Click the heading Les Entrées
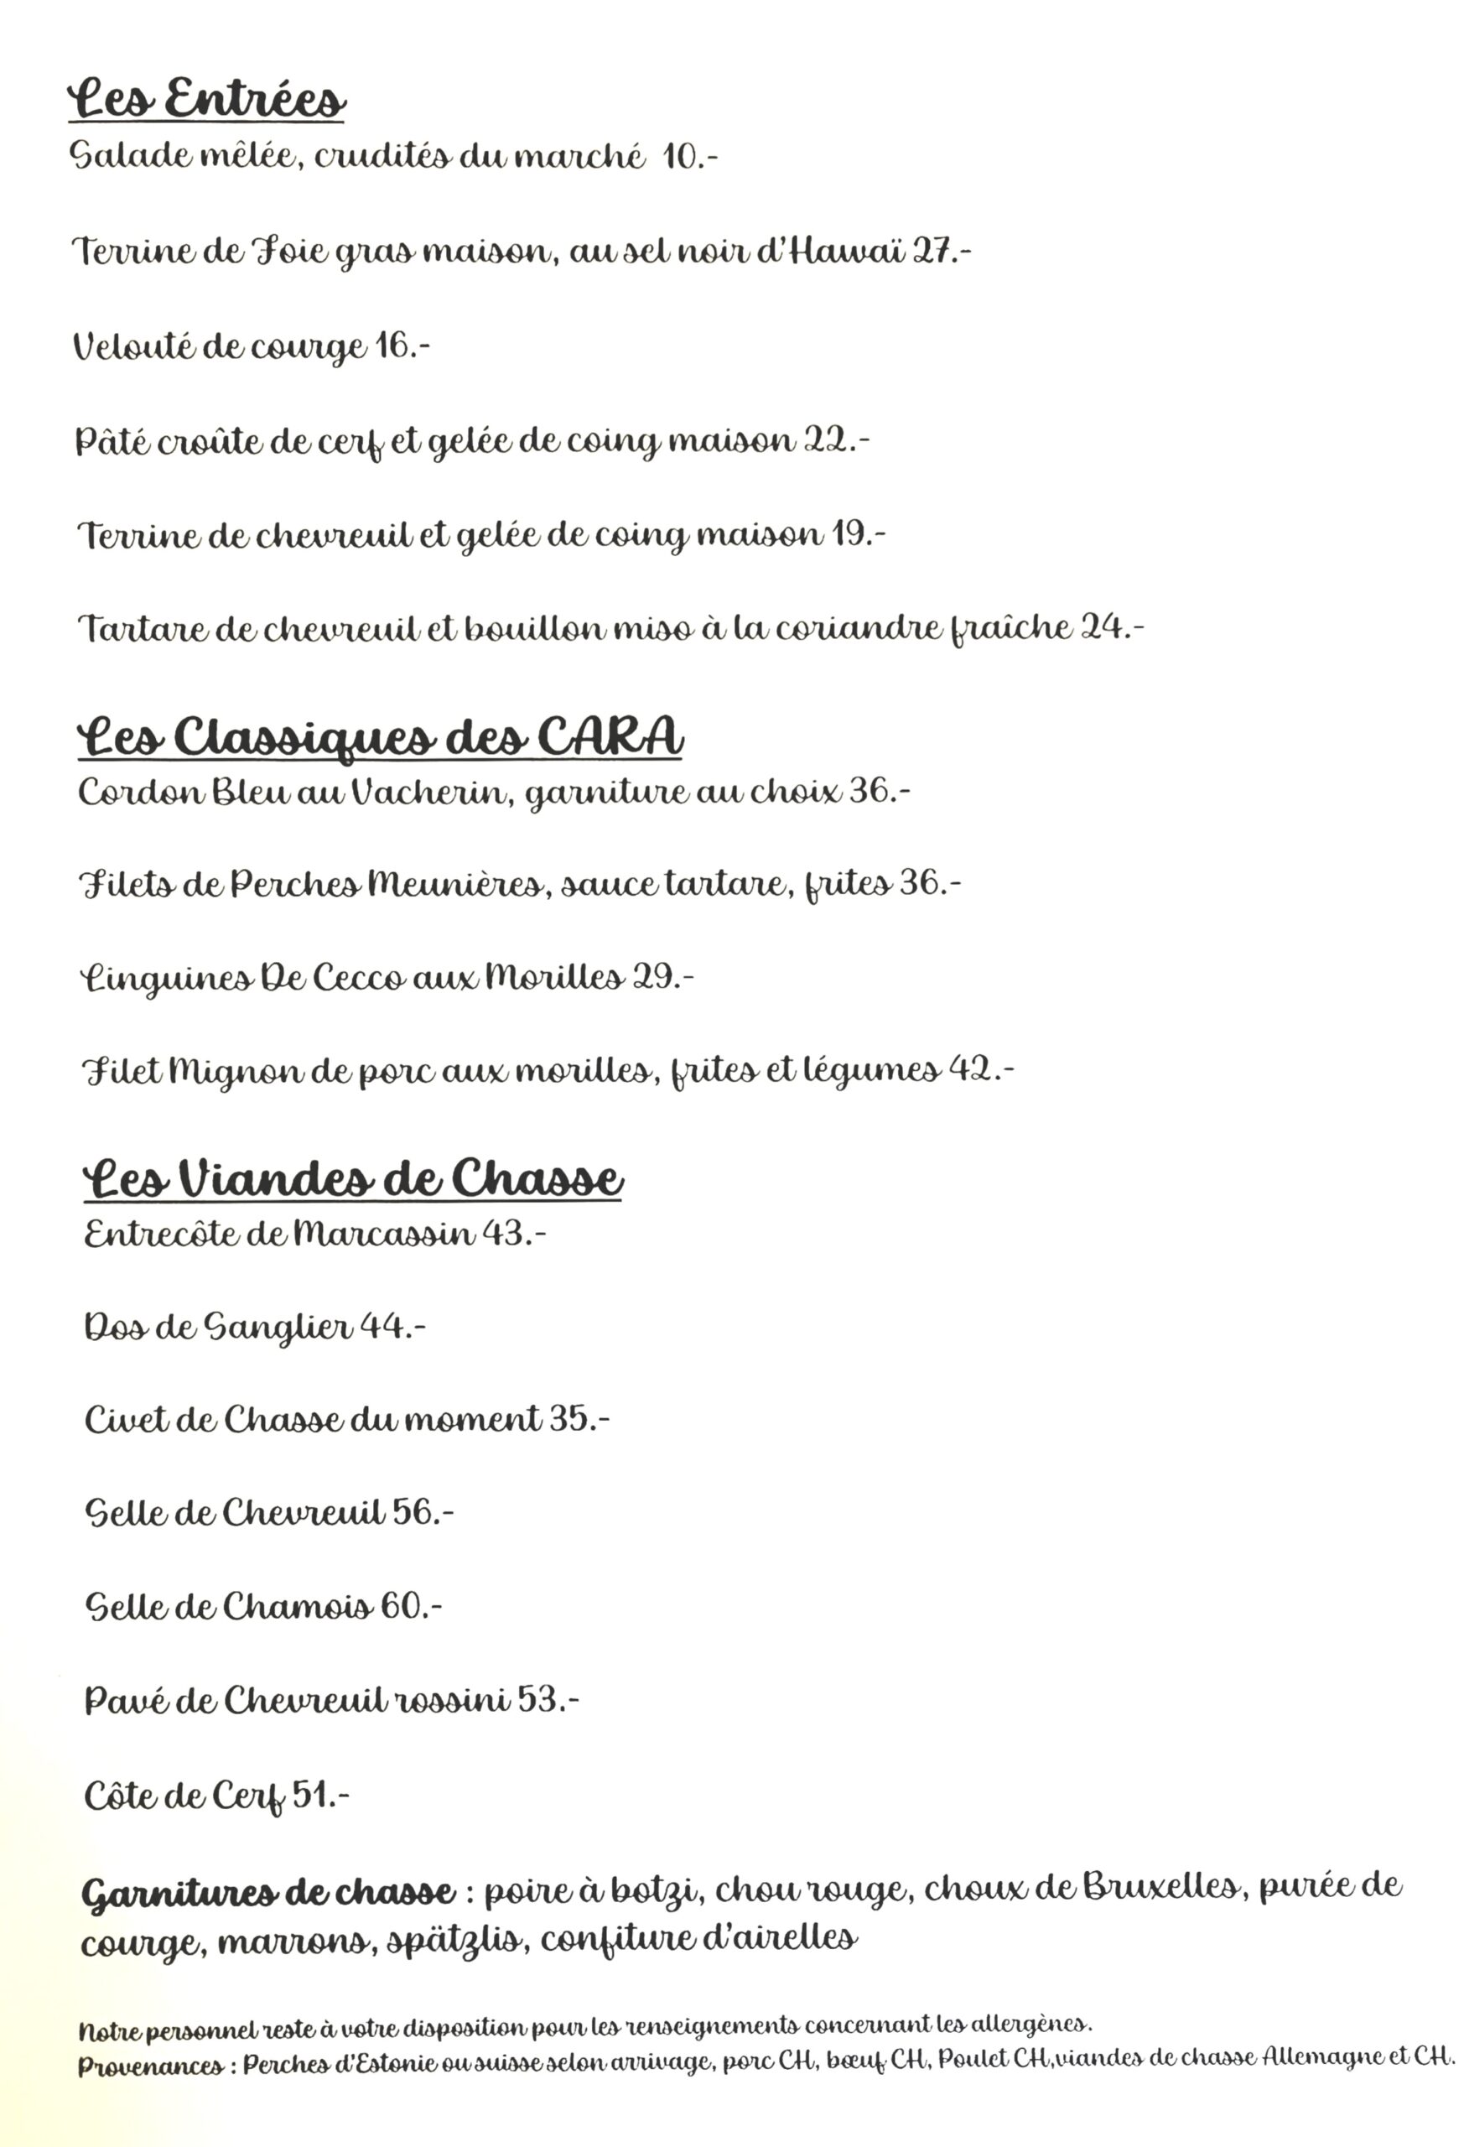point(207,99)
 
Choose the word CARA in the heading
point(610,737)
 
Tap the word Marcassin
point(383,1234)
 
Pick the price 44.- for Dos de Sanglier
point(392,1327)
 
